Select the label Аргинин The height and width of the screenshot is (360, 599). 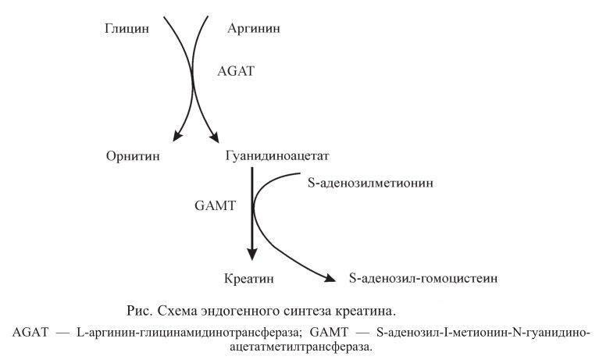point(254,30)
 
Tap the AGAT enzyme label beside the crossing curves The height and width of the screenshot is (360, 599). point(236,71)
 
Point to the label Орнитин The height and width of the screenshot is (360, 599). point(134,156)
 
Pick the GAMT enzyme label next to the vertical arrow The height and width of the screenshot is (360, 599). point(212,208)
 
